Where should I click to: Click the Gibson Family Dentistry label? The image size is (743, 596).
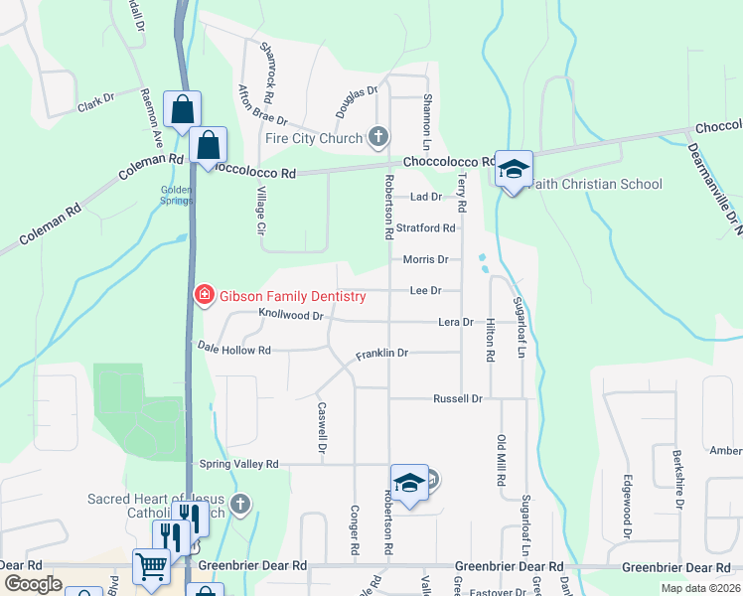coord(280,294)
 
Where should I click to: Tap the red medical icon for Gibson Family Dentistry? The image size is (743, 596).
coord(204,294)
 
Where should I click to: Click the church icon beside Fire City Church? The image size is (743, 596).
coord(376,137)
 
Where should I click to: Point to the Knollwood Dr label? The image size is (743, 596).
coord(291,315)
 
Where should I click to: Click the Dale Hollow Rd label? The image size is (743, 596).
coord(234,349)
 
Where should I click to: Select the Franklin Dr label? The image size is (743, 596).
coord(382,354)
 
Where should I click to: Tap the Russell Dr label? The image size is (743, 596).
coord(457,398)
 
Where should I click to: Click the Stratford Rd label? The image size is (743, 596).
coord(425,227)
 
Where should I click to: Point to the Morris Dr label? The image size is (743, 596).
coord(425,259)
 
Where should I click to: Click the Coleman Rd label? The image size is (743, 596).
coord(150,165)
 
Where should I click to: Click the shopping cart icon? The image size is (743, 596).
coord(151,567)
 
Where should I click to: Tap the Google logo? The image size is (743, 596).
coord(33,584)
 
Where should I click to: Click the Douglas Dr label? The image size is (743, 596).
coord(357,102)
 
